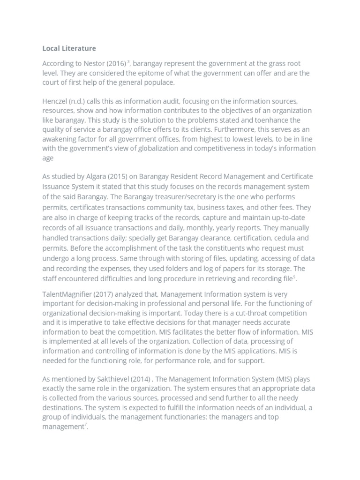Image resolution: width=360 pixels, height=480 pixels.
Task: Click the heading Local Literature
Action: pyautogui.click(x=69, y=48)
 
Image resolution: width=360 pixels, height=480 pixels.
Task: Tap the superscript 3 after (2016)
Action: pyautogui.click(x=128, y=61)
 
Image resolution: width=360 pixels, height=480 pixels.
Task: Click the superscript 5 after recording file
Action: pyautogui.click(x=294, y=277)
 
